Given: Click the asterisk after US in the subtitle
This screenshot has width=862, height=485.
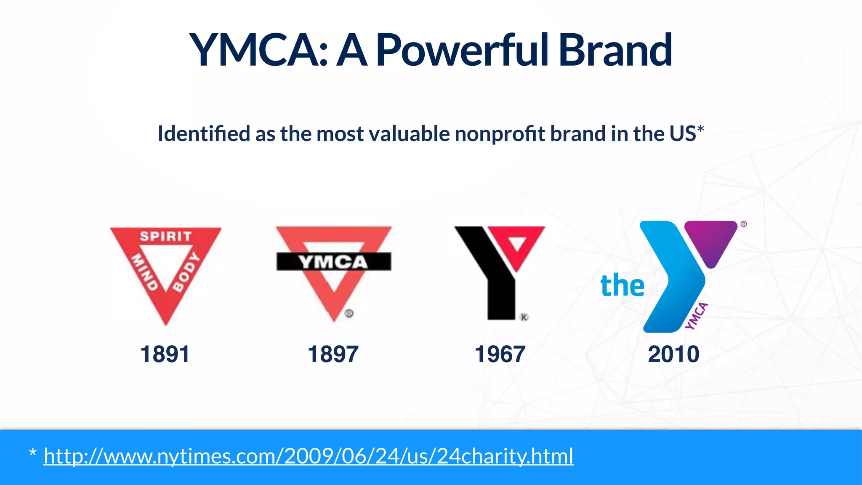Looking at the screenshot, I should (x=700, y=129).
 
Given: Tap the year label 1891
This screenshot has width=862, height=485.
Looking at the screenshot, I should (x=165, y=354).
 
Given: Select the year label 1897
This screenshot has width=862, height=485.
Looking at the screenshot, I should (x=333, y=354).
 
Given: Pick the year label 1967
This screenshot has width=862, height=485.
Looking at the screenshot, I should (x=500, y=354).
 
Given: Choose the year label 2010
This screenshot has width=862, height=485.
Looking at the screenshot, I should (x=673, y=354).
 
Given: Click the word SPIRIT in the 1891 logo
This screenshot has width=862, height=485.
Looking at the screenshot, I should (x=166, y=237).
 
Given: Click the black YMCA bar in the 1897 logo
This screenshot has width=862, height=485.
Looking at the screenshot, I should (x=333, y=262).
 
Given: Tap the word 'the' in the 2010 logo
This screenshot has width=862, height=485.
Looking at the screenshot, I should (x=622, y=286).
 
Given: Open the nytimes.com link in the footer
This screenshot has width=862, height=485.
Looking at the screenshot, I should (x=308, y=456).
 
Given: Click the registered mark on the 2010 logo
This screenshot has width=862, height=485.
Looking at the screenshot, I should (x=744, y=224).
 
